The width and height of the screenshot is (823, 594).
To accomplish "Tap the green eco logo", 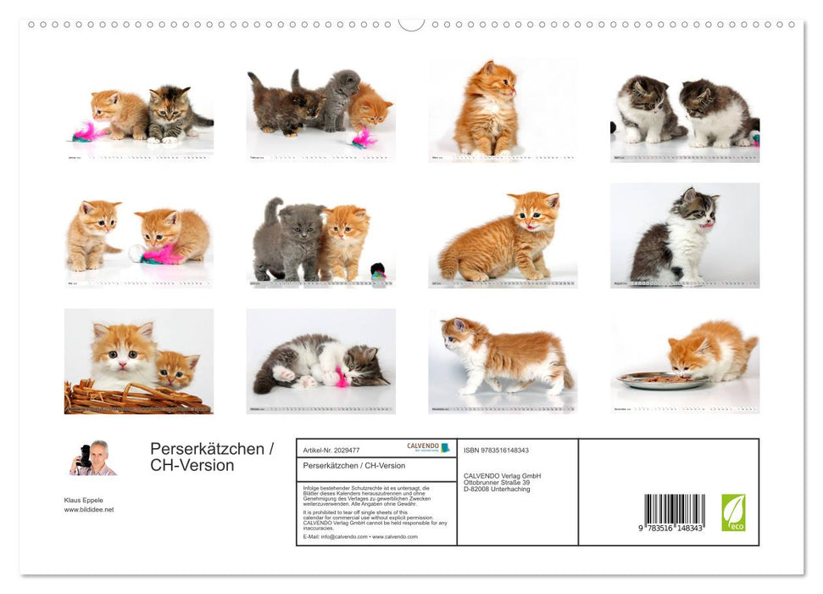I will [733, 513].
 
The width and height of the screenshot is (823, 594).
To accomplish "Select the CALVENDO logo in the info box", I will [429, 447].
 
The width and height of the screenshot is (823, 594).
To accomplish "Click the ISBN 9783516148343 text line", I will [496, 451].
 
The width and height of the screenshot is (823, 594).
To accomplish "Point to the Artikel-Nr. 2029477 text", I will [331, 451].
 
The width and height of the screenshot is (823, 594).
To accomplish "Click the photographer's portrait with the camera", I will [92, 458].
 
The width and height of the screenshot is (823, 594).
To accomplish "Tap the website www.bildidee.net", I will [88, 509].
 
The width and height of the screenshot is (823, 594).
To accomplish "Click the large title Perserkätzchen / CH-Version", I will [211, 457].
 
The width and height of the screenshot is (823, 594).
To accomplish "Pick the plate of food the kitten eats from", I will [662, 381].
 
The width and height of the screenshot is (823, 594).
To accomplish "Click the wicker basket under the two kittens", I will [136, 397].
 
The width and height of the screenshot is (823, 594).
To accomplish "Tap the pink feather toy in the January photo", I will [86, 132].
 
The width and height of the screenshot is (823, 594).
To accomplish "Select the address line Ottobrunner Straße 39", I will [497, 482].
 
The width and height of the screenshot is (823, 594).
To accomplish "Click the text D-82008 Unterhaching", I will [496, 490].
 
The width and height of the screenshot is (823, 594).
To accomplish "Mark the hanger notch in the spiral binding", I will [411, 25].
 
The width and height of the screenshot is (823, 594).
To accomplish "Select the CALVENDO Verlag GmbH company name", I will [502, 475].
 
